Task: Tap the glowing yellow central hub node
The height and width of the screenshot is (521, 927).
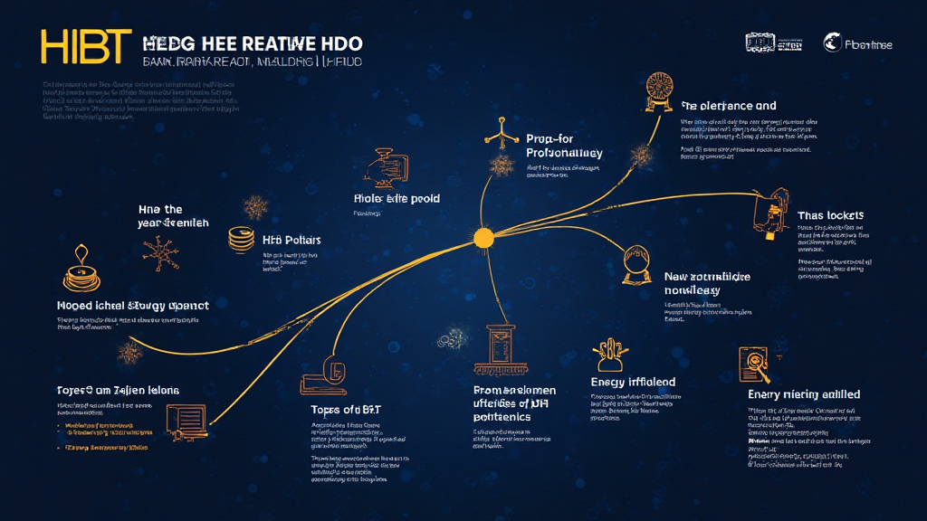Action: (x=483, y=238)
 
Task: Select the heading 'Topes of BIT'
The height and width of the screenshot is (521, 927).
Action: (x=345, y=409)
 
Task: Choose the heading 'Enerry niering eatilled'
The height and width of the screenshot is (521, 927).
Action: (x=803, y=394)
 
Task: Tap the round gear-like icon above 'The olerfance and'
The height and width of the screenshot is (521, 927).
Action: (x=656, y=91)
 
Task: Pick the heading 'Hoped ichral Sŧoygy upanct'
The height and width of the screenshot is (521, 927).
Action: (x=132, y=306)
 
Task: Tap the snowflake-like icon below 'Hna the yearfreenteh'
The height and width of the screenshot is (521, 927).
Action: (x=162, y=254)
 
